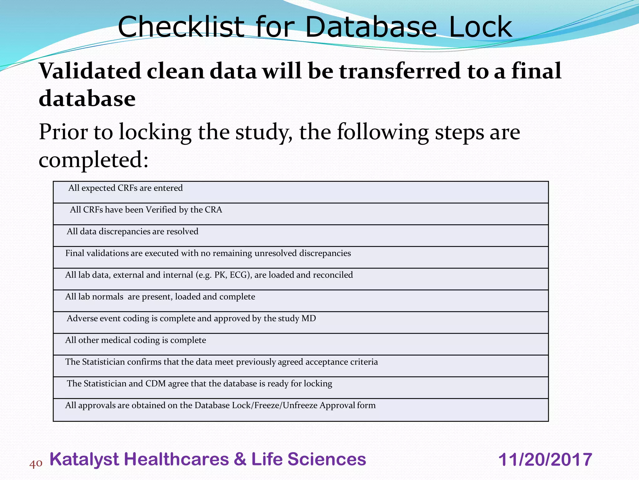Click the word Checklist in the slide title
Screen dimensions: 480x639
pos(181,27)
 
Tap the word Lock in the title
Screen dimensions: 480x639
pos(480,27)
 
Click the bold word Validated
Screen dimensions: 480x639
pos(90,71)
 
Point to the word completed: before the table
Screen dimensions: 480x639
pos(94,160)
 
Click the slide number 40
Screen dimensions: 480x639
pos(36,463)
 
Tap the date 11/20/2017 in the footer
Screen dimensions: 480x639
pos(545,460)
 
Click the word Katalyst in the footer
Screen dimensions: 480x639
pos(84,459)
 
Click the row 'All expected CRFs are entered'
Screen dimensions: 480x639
pos(125,188)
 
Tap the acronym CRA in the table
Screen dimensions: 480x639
pos(213,210)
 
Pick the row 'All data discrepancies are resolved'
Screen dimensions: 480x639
pos(133,232)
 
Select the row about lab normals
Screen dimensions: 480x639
pos(160,297)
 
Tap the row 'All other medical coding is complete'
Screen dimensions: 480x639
pos(136,340)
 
